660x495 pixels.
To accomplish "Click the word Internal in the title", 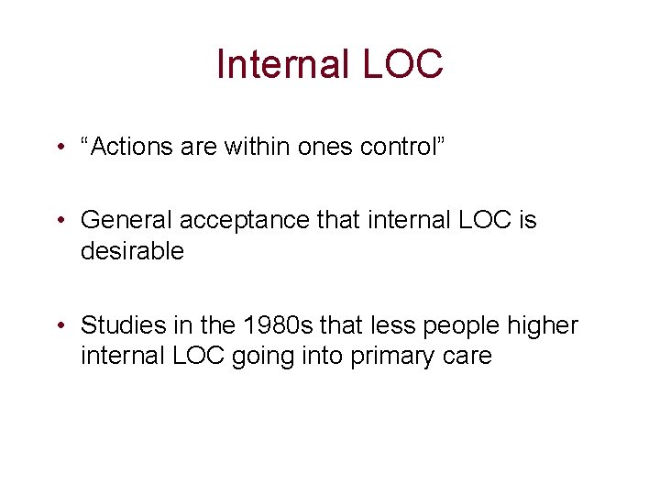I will click(278, 63).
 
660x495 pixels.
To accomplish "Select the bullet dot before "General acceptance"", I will click(59, 221).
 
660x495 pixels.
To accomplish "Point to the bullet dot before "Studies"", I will click(59, 325).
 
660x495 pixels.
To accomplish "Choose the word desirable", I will click(132, 250).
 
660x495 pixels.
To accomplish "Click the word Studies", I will click(118, 325).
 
